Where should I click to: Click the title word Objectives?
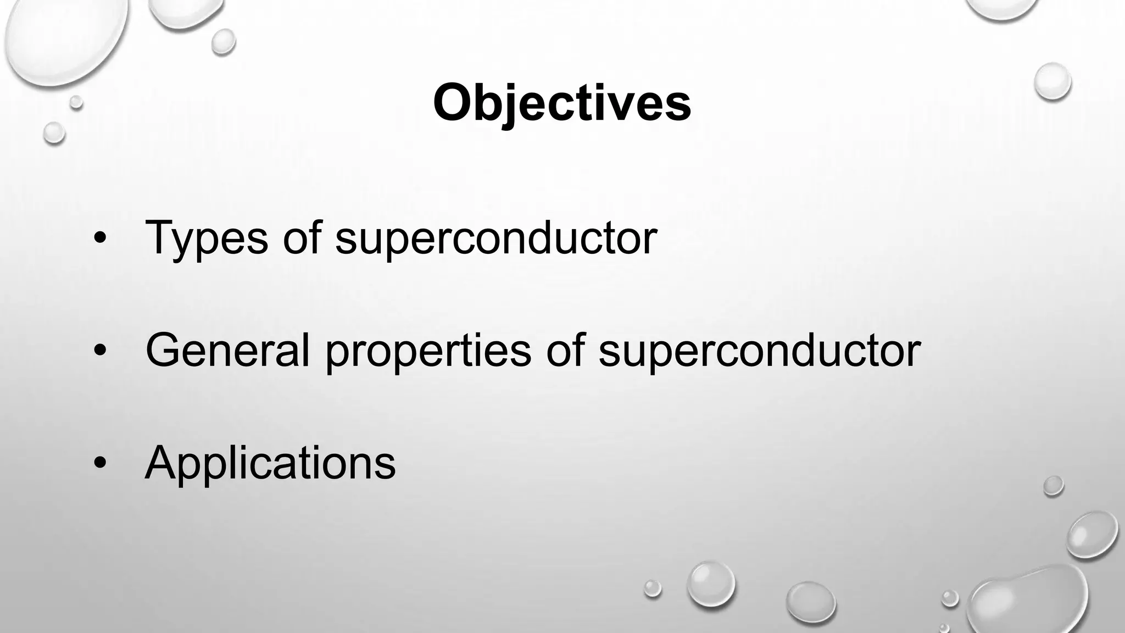coord(561,103)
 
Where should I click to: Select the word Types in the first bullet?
coord(207,237)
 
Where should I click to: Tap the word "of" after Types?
coord(302,237)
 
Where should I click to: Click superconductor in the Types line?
coord(496,238)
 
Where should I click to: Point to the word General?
coord(227,350)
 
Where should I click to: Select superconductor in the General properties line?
coord(759,351)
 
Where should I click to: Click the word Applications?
coord(270,463)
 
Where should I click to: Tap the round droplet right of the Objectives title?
coord(1052,81)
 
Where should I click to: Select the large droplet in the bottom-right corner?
coord(1027,602)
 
